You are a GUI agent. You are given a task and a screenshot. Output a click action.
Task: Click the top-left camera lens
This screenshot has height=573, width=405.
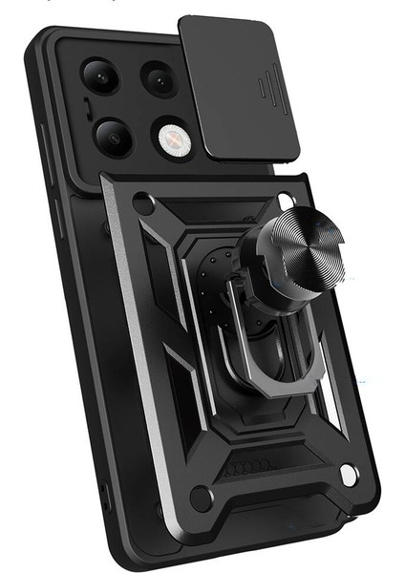99,77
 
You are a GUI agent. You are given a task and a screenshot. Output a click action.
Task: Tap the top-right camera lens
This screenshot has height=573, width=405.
160,80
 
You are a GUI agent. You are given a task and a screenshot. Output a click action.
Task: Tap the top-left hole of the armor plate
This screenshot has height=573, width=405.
143,202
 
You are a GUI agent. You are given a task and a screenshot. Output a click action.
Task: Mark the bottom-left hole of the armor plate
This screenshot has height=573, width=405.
200,496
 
